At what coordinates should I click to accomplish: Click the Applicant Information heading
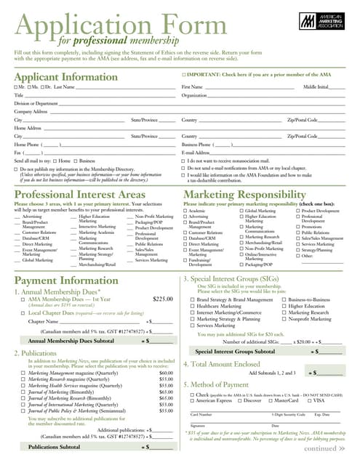tap(66, 77)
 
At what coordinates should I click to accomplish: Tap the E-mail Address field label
tap(196, 153)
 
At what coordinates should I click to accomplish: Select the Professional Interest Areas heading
tap(80, 195)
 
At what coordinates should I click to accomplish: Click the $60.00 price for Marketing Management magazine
tap(166, 373)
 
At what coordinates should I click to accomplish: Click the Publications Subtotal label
tap(54, 447)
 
